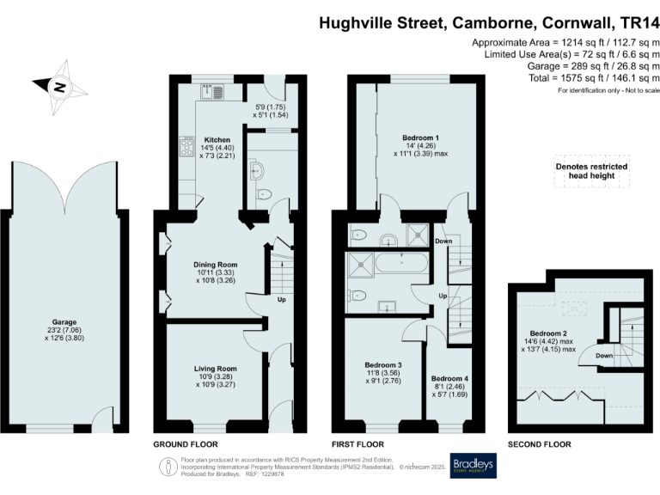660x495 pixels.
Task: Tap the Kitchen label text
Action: (x=217, y=139)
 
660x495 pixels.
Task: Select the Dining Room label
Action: (x=217, y=265)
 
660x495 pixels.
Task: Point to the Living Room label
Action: (x=215, y=368)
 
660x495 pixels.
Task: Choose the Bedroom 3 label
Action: (x=383, y=365)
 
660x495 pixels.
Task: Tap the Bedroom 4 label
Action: (x=450, y=378)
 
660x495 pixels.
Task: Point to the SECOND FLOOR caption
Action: (x=540, y=444)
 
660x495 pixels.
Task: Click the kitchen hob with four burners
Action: (x=186, y=147)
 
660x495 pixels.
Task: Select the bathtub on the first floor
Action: (x=403, y=264)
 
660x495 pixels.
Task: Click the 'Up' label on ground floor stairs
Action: (x=281, y=300)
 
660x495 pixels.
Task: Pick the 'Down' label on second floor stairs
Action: (x=603, y=355)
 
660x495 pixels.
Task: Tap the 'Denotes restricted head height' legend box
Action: (x=591, y=172)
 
